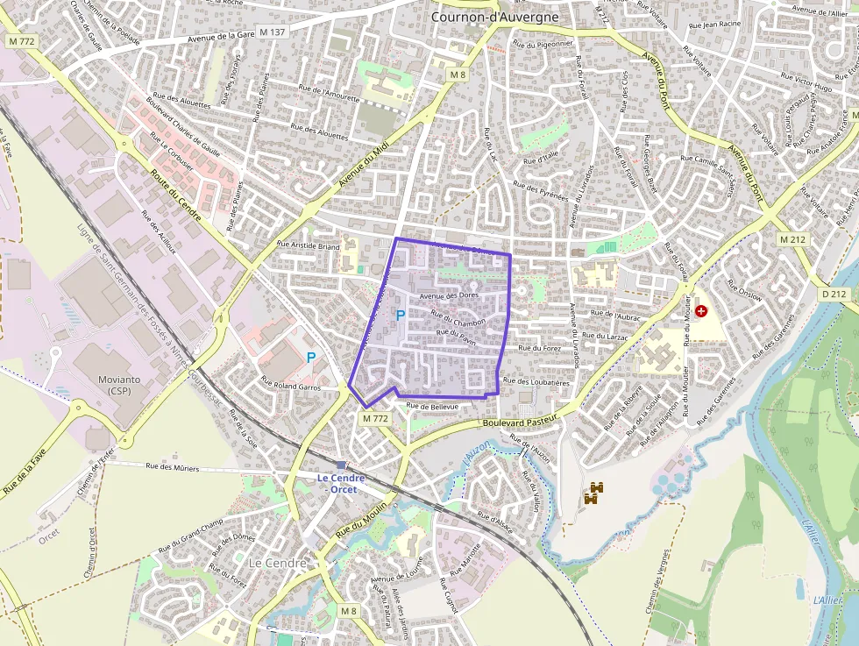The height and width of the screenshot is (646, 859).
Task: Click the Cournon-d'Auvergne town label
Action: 495,16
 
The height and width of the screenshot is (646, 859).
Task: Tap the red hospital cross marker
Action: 701,310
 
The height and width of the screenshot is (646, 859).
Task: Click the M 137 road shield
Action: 273,32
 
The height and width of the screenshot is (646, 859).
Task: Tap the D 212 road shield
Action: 834,294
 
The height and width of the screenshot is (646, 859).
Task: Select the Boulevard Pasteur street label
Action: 521,422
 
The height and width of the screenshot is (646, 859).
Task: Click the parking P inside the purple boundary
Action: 400,315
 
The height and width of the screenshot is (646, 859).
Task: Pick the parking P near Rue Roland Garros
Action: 310,358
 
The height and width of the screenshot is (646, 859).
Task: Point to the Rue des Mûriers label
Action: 172,467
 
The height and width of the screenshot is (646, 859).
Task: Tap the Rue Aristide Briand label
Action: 308,246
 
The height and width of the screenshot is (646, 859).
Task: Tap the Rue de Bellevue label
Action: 432,407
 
